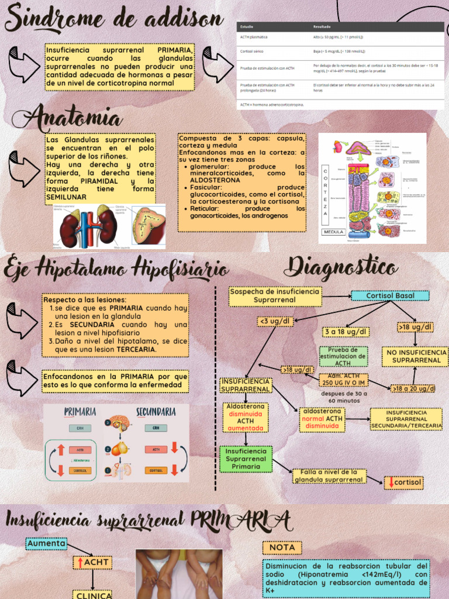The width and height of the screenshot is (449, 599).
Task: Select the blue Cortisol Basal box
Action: pyautogui.click(x=390, y=296)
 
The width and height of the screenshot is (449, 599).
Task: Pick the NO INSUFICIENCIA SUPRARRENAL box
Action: pyautogui.click(x=415, y=356)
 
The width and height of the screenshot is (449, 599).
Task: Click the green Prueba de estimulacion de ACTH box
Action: pyautogui.click(x=343, y=356)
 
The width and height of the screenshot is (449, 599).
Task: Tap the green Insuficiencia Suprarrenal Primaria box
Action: pyautogui.click(x=246, y=459)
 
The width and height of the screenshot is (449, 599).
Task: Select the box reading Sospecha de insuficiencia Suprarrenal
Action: pyautogui.click(x=275, y=295)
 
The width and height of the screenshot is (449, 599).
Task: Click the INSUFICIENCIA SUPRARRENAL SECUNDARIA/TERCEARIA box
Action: pyautogui.click(x=406, y=419)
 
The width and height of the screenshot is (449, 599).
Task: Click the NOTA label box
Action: pyautogui.click(x=282, y=548)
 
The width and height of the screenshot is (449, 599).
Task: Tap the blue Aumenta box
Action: pyautogui.click(x=46, y=544)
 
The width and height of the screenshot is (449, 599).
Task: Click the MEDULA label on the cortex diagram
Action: pyautogui.click(x=333, y=232)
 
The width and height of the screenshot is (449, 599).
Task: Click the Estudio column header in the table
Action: pyautogui.click(x=247, y=27)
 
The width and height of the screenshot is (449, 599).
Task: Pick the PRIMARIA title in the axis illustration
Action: pyautogui.click(x=80, y=412)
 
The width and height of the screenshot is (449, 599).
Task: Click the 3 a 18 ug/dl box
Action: pyautogui.click(x=345, y=332)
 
